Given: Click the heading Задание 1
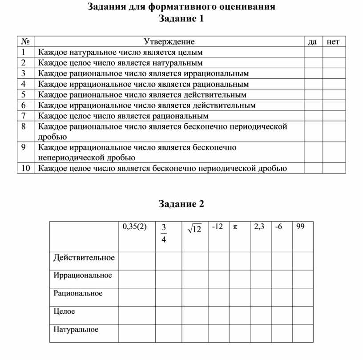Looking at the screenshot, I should click(181, 19).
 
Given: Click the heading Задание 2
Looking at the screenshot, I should click(181, 204).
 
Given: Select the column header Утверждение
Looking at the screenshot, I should click(169, 42).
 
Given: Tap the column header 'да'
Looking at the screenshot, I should click(313, 42).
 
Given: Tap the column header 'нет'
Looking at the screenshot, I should click(333, 42).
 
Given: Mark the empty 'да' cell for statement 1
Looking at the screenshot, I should click(313, 53).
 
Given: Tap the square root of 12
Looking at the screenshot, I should click(194, 229).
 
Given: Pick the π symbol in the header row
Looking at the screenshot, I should click(234, 227).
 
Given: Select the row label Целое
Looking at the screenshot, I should click(65, 311).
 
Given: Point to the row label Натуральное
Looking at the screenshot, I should click(76, 330).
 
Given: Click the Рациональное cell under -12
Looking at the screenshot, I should click(218, 294).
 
